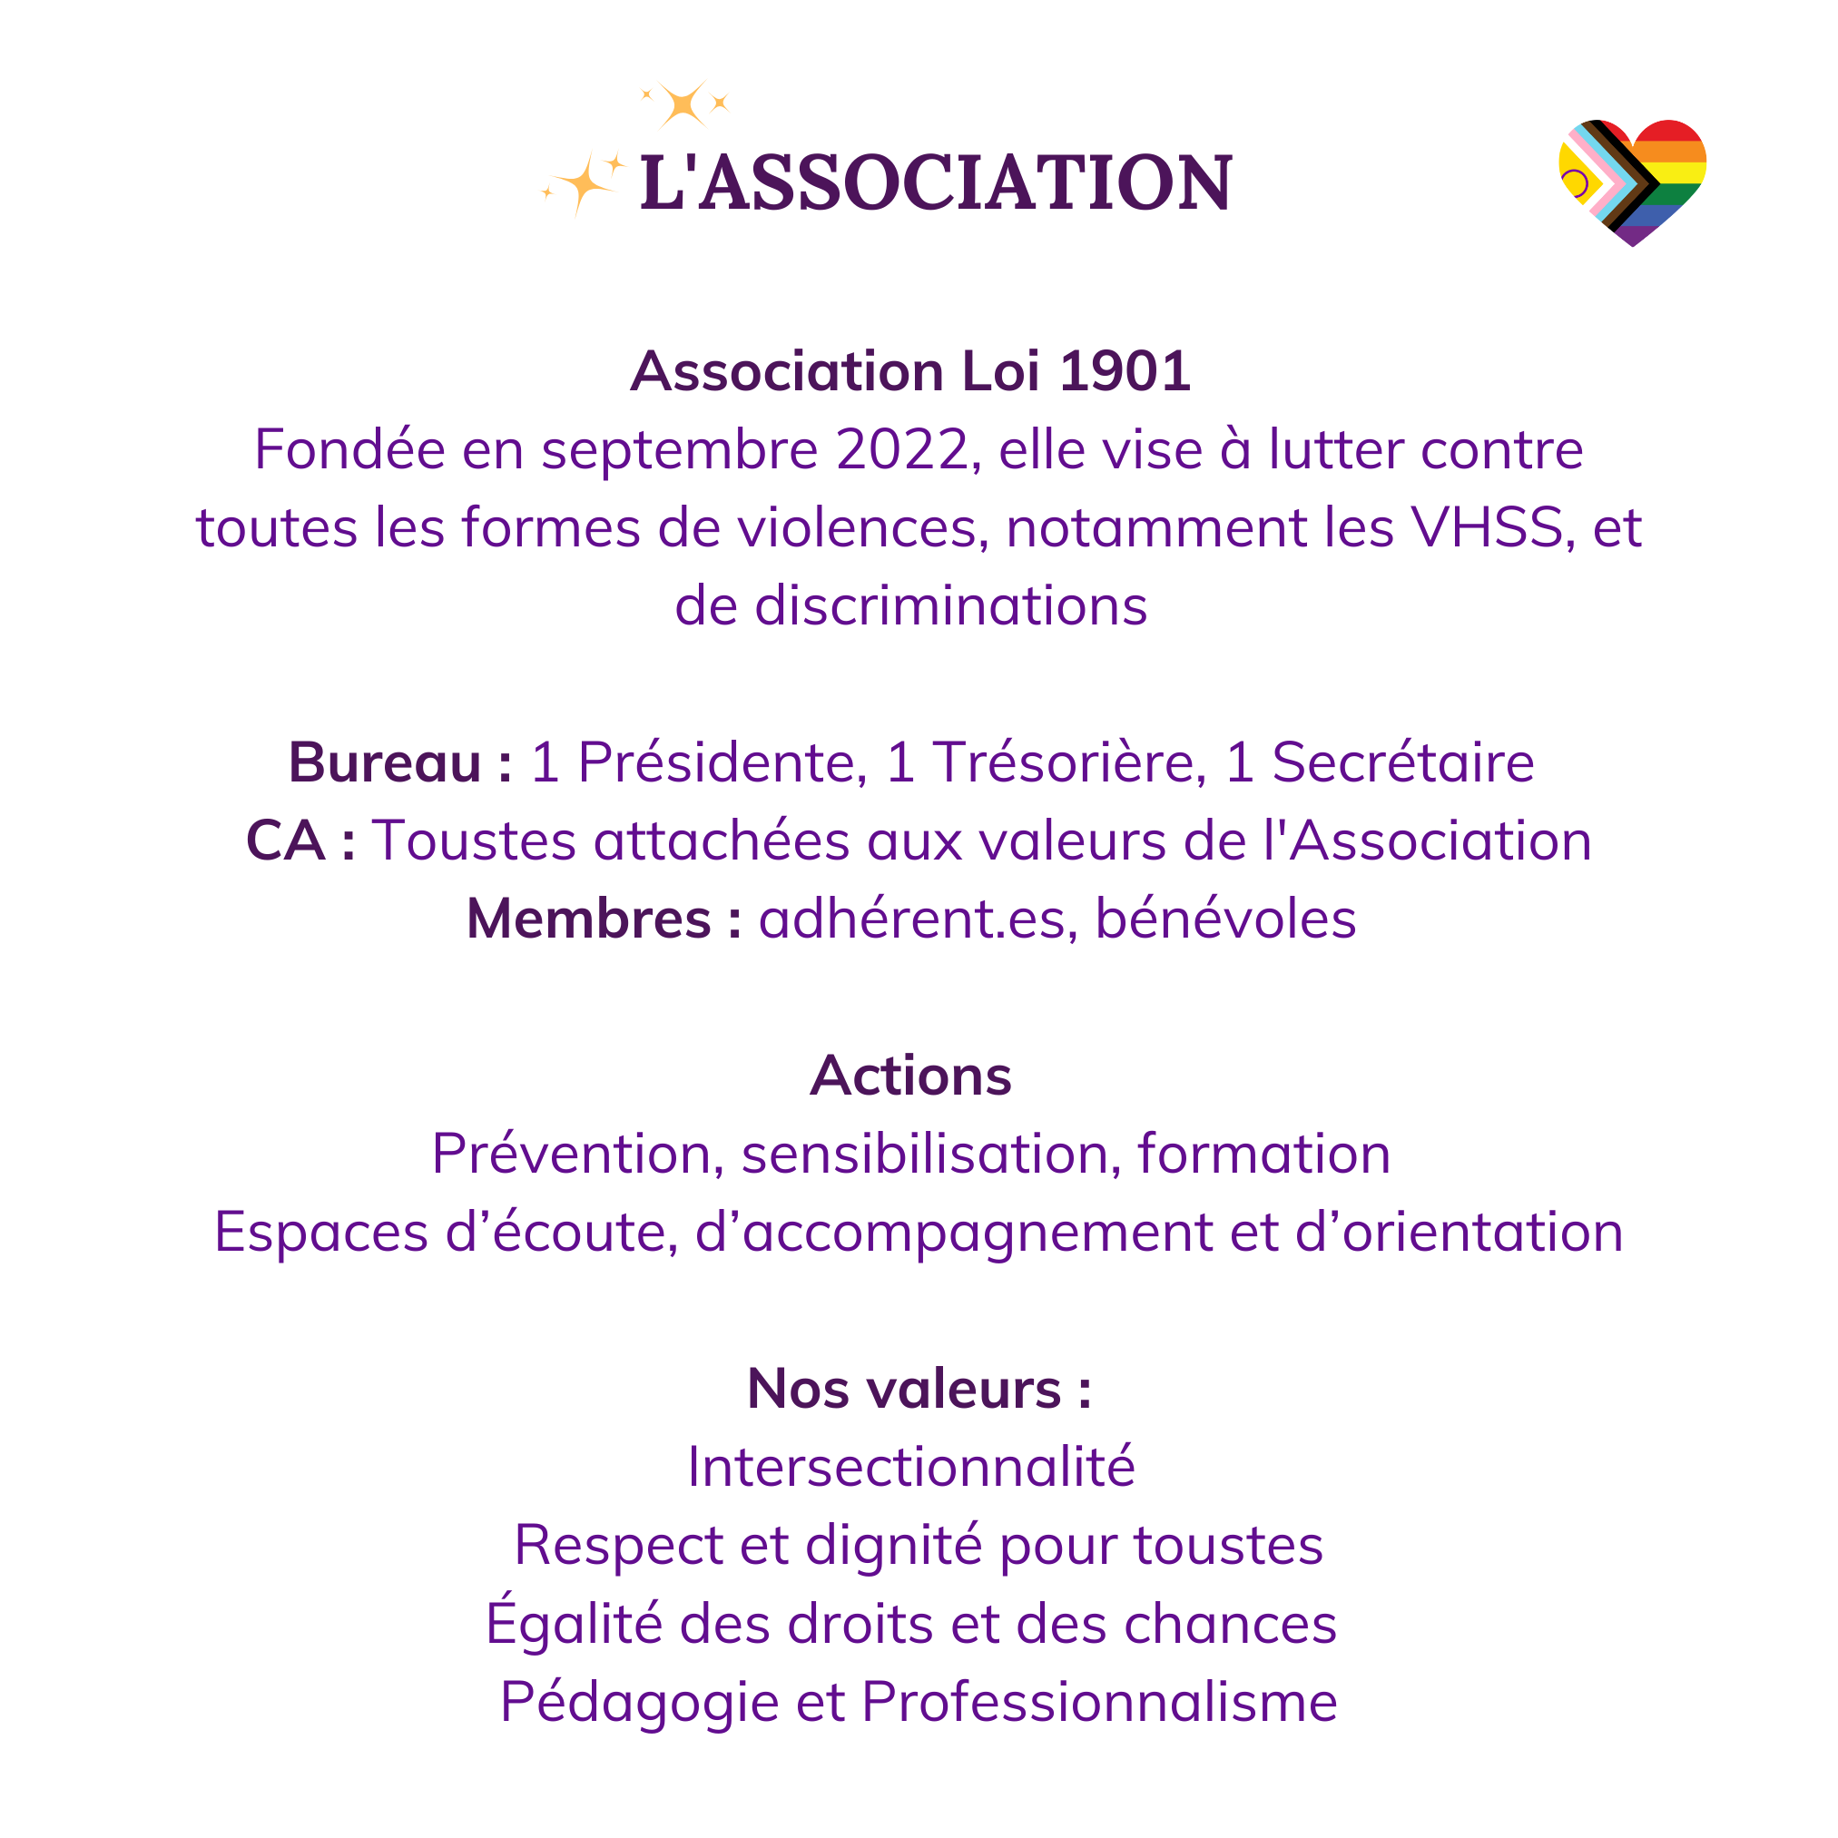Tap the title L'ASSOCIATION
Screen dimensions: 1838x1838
click(x=936, y=182)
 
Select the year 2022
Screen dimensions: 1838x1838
click(x=902, y=450)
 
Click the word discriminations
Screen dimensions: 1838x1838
click(x=951, y=606)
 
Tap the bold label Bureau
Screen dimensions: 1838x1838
click(x=385, y=763)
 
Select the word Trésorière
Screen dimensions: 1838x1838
click(x=1070, y=763)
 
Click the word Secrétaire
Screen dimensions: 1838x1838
click(x=1403, y=763)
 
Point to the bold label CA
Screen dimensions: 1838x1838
click(x=285, y=842)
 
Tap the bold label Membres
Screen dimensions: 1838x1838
click(x=590, y=920)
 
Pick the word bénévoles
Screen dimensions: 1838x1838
click(x=1225, y=920)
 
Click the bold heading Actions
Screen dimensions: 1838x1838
click(x=911, y=1076)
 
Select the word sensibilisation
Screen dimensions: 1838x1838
click(x=925, y=1155)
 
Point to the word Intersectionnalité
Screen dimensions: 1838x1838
click(x=911, y=1467)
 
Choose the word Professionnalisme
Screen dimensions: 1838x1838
click(x=1099, y=1702)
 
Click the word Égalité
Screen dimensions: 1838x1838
click(x=574, y=1623)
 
